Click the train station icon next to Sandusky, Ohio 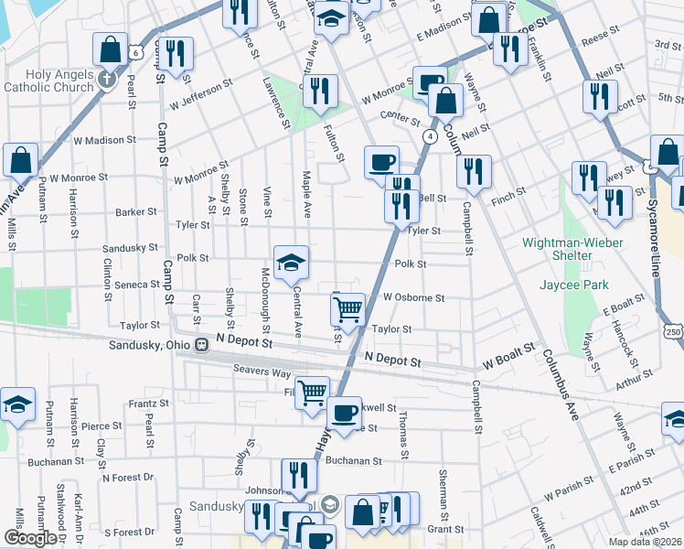(x=207, y=345)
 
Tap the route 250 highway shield (x=675, y=330)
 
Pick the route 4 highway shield (x=428, y=135)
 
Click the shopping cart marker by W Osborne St (x=347, y=309)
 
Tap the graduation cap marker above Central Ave (x=291, y=262)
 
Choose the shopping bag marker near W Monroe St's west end (x=20, y=160)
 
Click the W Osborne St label (x=414, y=297)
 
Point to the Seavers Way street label (x=262, y=371)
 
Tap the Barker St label (x=137, y=211)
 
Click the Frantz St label (x=149, y=403)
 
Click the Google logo (x=29, y=538)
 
